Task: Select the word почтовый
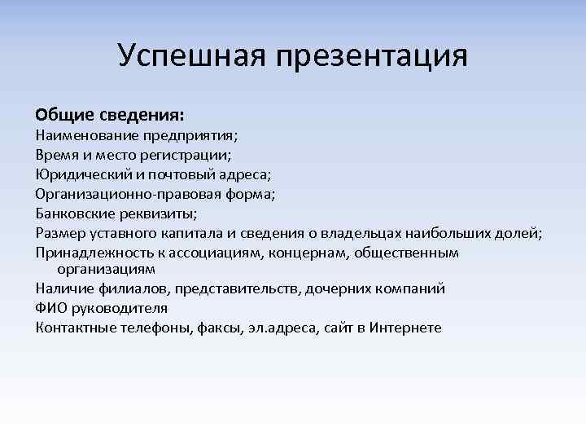coord(179,173)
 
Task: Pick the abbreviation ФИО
coord(50,308)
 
